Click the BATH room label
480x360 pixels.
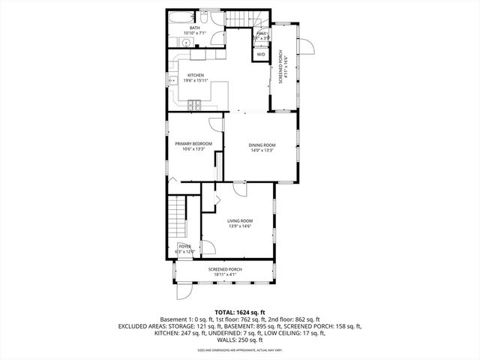[194, 28]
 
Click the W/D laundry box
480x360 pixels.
[261, 55]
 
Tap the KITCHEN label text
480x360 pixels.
[195, 75]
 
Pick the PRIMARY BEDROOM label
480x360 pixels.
[193, 143]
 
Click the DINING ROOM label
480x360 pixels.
[262, 145]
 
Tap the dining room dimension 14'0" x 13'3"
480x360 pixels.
[262, 151]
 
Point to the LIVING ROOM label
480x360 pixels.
[240, 220]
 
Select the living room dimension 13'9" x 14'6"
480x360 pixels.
[240, 226]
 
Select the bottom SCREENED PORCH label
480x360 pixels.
[224, 269]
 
